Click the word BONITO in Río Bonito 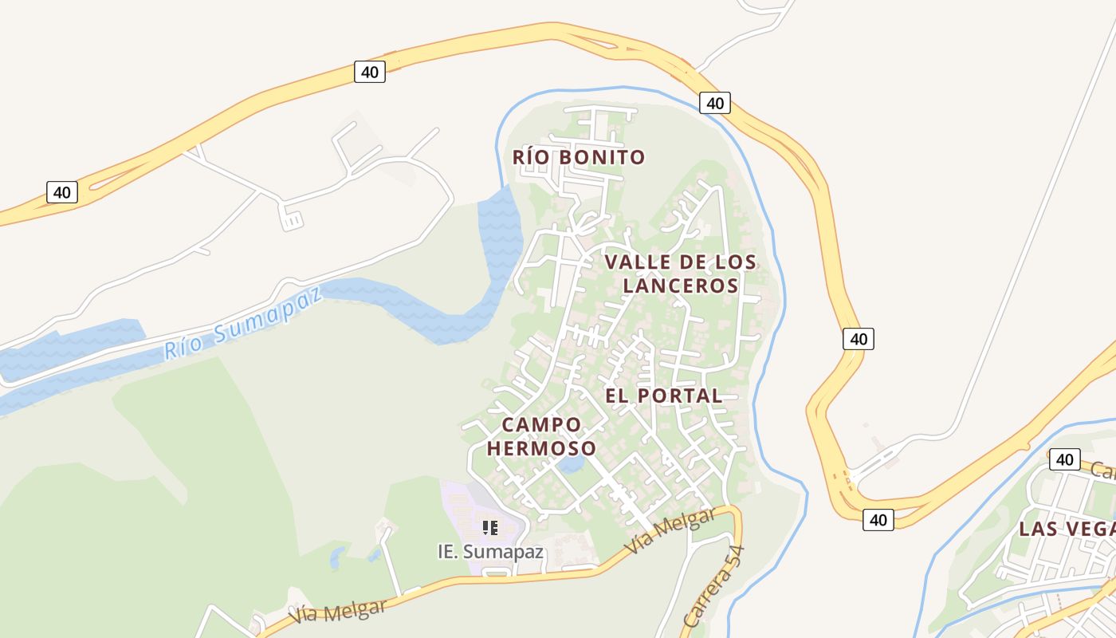click(601, 157)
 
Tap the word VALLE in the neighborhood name click(633, 262)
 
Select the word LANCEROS click(680, 286)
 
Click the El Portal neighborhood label click(663, 396)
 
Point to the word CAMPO click(541, 424)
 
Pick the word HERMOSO click(541, 448)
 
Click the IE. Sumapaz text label click(491, 551)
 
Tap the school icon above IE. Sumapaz click(490, 527)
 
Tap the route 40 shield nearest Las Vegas click(1064, 459)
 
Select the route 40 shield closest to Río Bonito click(715, 103)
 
